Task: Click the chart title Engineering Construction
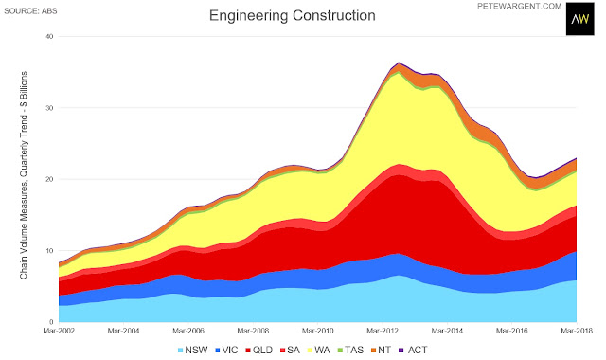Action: click(293, 16)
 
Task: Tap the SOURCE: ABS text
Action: click(30, 11)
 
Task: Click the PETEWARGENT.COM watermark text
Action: click(520, 7)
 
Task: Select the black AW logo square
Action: click(580, 19)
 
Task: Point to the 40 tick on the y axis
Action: click(50, 36)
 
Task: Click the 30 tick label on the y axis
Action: click(50, 108)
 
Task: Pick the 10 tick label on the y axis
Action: click(50, 250)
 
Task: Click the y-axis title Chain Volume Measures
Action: click(24, 175)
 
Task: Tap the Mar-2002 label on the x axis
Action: click(59, 331)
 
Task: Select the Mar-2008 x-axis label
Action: click(253, 331)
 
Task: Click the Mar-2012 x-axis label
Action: click(383, 331)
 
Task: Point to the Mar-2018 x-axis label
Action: click(577, 331)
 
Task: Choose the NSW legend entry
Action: click(192, 351)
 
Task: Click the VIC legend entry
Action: click(226, 351)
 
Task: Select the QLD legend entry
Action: click(258, 351)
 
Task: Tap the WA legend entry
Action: click(319, 351)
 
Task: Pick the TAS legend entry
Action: click(350, 351)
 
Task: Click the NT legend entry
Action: click(381, 351)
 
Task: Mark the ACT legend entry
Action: click(413, 351)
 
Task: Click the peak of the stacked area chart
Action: click(399, 63)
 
